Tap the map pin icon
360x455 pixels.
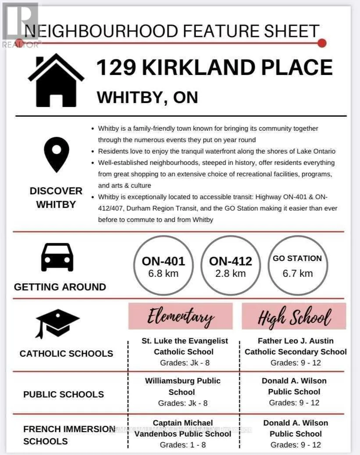(x=57, y=154)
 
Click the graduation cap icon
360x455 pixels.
(x=57, y=323)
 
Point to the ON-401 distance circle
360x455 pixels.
(x=163, y=266)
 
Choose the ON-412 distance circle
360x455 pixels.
(x=231, y=266)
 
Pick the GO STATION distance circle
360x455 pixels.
(x=298, y=266)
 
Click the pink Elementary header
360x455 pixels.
(x=180, y=316)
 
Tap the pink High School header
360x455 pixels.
(x=294, y=316)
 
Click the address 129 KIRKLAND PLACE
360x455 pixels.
(x=214, y=68)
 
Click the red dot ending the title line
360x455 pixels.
(x=322, y=43)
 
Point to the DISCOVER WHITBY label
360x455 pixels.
(x=56, y=197)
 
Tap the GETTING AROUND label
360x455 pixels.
(x=60, y=287)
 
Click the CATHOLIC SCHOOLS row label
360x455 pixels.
(x=66, y=353)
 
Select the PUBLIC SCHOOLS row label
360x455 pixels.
(x=64, y=394)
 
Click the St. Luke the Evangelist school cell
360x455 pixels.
(x=184, y=351)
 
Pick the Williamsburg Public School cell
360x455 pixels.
(x=182, y=391)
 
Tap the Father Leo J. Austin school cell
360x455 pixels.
(x=296, y=351)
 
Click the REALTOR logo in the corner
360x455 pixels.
(x=21, y=24)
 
